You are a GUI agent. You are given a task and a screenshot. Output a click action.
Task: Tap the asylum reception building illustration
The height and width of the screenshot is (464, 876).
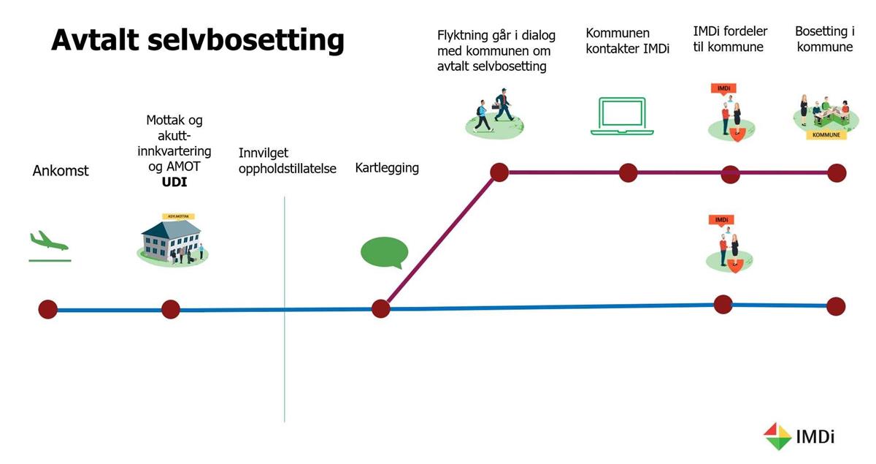tap(172, 242)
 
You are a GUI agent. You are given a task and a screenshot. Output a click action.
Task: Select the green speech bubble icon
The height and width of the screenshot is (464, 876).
tap(385, 253)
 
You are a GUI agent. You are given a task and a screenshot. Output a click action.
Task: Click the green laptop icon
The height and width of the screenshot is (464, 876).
tap(622, 116)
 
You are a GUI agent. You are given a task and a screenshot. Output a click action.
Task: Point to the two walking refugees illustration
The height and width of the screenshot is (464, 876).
tap(494, 113)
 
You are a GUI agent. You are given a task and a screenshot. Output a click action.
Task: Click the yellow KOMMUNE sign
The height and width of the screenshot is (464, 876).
tap(826, 134)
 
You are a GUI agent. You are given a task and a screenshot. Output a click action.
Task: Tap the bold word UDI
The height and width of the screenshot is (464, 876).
tap(174, 182)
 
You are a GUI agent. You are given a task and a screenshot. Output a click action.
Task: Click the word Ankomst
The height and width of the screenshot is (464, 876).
tap(61, 171)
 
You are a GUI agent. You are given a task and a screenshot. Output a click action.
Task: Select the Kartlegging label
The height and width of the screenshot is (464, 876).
tap(387, 168)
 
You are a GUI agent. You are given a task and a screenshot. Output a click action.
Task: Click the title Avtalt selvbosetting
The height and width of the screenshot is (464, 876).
tap(198, 40)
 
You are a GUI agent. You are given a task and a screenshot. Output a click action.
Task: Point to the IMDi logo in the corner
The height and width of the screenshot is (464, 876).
tap(799, 436)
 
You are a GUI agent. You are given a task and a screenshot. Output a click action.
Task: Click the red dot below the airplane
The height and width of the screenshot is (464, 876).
tap(48, 309)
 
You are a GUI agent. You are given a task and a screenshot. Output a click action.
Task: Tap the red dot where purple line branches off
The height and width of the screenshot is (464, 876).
tap(381, 309)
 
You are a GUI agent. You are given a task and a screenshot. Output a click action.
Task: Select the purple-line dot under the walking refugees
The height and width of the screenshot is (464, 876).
tap(499, 172)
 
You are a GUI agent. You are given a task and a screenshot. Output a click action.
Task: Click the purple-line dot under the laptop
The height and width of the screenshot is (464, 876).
tap(629, 172)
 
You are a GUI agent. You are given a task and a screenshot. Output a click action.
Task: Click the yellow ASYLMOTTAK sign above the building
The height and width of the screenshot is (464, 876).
tap(178, 216)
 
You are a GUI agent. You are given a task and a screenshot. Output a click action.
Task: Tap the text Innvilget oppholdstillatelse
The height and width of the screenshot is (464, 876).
tap(288, 161)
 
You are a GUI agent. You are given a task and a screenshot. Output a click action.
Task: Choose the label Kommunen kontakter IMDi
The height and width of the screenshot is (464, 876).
tap(627, 41)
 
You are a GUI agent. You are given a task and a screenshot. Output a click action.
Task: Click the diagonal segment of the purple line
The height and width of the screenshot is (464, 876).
tap(440, 240)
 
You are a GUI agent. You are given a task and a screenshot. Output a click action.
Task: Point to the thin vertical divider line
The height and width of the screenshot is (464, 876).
tap(284, 309)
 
